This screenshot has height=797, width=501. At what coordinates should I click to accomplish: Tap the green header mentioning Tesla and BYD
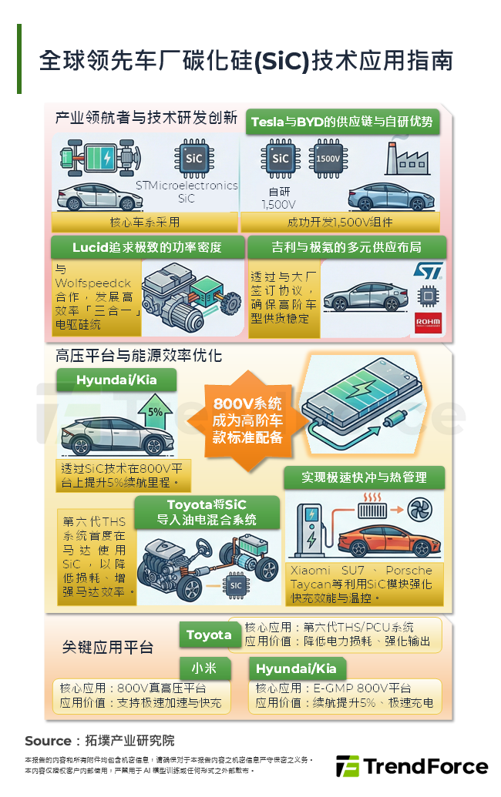tap(341, 122)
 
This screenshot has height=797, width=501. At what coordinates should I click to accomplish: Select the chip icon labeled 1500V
tap(328, 159)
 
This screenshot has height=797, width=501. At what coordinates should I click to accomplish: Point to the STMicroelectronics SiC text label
tap(187, 192)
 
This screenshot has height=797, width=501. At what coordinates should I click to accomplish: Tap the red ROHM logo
tap(426, 320)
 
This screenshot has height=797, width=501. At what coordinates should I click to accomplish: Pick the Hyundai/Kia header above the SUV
tap(116, 380)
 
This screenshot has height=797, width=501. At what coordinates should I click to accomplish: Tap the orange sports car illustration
tap(386, 541)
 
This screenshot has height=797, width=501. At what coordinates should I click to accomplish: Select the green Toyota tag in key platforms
tap(209, 635)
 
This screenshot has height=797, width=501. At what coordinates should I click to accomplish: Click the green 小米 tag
tap(205, 668)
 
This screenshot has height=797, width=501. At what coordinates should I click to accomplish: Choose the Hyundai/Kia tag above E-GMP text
tap(297, 669)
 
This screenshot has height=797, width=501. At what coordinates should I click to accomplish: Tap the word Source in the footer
tap(48, 741)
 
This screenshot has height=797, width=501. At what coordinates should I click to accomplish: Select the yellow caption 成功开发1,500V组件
tap(340, 223)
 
